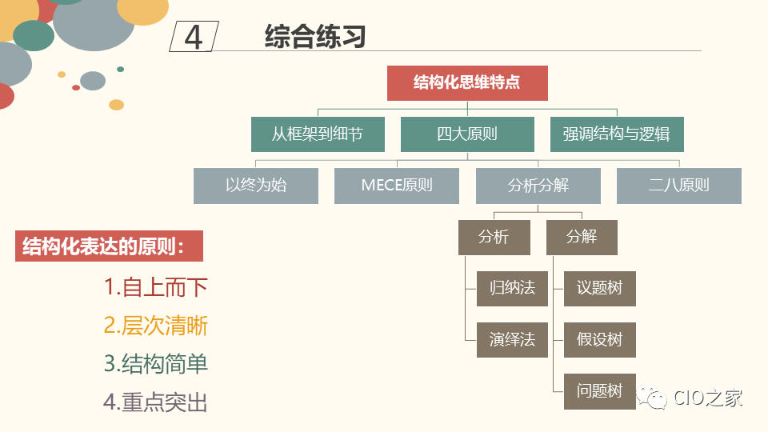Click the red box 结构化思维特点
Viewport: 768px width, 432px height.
(x=467, y=83)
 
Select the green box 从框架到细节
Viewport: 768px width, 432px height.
(x=318, y=134)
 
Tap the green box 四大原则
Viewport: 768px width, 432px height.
(x=467, y=134)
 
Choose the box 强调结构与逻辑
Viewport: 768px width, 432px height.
(x=617, y=134)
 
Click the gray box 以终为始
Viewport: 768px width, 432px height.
(x=256, y=186)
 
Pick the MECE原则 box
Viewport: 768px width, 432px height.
(x=397, y=186)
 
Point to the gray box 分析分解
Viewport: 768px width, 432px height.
(x=538, y=186)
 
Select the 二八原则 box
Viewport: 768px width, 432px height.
(x=679, y=186)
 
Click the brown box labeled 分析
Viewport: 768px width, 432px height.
(x=494, y=237)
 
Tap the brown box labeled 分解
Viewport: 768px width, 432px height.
(x=582, y=237)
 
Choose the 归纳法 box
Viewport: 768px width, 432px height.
(x=512, y=288)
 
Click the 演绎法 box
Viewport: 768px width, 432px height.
(x=512, y=339)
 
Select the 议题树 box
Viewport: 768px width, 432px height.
(x=600, y=288)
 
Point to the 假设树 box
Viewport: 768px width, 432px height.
(x=600, y=339)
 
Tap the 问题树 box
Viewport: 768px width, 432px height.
(x=600, y=391)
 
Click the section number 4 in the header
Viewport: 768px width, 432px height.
(x=194, y=37)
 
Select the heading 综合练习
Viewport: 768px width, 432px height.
(x=315, y=37)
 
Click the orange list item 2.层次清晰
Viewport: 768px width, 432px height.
(x=156, y=326)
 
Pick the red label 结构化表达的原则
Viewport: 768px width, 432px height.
(x=109, y=246)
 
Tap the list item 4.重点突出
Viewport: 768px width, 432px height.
(x=156, y=402)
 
